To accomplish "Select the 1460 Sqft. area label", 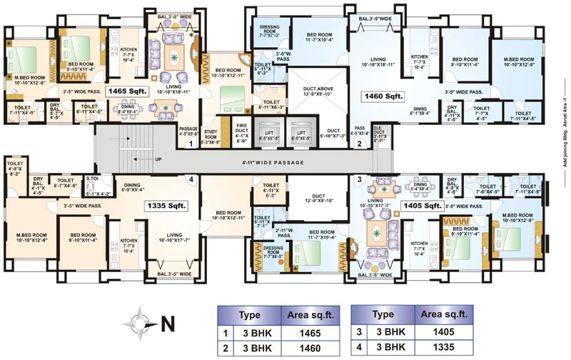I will (384, 95).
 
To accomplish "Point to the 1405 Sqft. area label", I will (423, 206).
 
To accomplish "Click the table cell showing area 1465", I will (305, 332).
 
